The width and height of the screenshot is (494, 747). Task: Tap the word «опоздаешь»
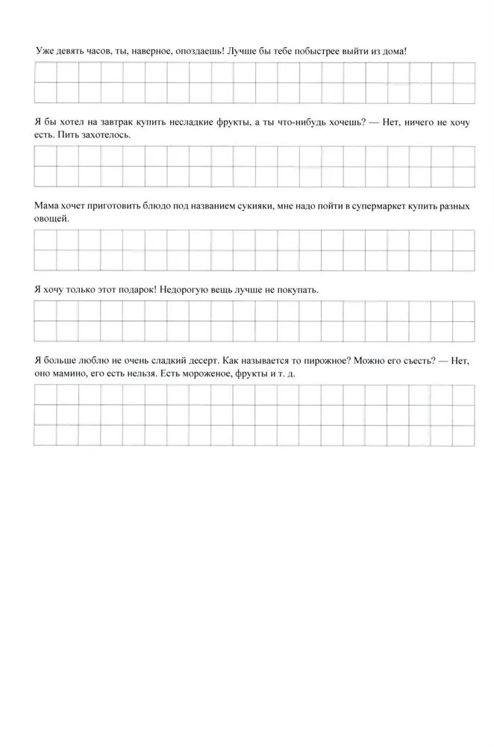[x=196, y=51]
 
